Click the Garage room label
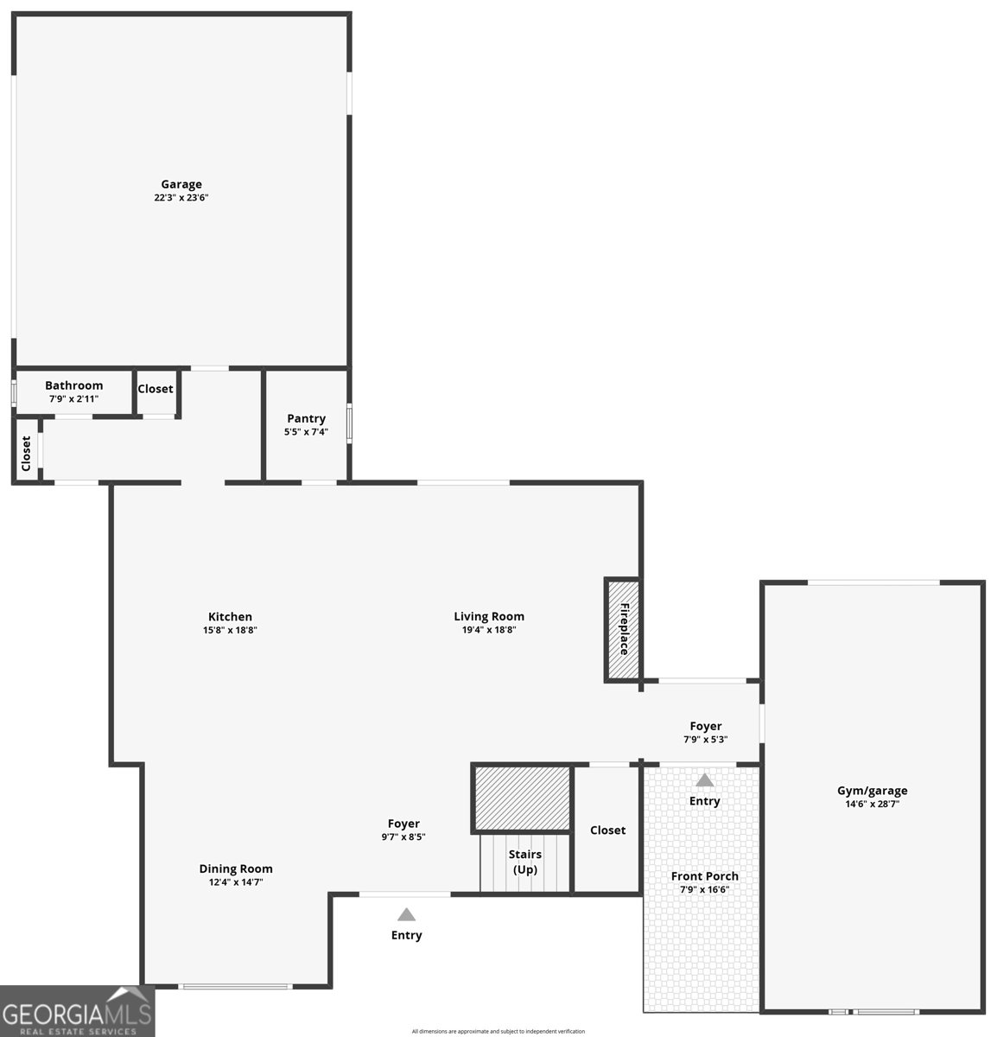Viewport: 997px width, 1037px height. [181, 184]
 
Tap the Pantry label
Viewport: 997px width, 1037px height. [307, 419]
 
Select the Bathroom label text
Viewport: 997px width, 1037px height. [74, 386]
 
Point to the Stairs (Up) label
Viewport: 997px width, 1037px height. [525, 862]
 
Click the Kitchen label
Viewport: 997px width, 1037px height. [231, 617]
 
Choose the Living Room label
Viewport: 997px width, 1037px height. [489, 617]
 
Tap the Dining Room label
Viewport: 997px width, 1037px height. [236, 869]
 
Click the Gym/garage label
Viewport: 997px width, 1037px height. [873, 791]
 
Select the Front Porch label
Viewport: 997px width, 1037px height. [705, 876]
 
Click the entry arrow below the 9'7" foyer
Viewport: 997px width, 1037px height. [406, 914]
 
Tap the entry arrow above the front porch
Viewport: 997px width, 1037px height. [705, 780]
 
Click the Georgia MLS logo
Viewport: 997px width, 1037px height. [77, 1011]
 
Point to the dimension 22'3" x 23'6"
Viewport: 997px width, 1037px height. [181, 198]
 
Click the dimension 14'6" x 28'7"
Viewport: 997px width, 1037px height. [873, 804]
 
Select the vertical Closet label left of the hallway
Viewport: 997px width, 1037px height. [27, 453]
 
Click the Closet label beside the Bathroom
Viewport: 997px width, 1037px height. [156, 389]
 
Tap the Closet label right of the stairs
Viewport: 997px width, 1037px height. [607, 830]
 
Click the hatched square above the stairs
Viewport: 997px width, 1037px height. [522, 798]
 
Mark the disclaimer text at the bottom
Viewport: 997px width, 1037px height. [498, 1031]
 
